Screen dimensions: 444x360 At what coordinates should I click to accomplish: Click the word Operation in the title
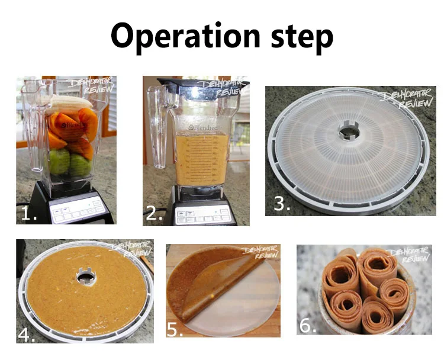(181, 36)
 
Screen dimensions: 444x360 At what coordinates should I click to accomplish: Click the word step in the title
(300, 37)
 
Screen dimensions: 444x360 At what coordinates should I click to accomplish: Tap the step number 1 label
(29, 213)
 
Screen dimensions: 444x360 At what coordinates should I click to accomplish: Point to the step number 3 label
(282, 203)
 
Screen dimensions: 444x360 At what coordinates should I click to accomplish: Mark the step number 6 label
(308, 326)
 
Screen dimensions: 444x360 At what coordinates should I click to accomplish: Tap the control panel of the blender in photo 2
(195, 213)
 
